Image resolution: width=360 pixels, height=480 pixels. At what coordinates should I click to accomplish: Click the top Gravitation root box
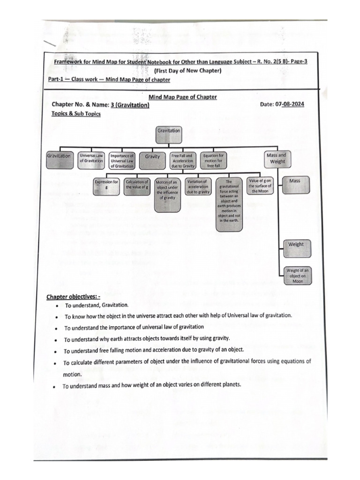coord(168,134)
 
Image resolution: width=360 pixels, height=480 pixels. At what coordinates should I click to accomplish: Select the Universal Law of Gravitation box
coord(91,158)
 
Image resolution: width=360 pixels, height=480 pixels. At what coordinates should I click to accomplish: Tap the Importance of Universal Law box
coord(122,160)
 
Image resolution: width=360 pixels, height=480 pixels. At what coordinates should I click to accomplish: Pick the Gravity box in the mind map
coord(153,157)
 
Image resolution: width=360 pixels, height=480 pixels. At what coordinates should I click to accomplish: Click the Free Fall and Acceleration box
coord(182,160)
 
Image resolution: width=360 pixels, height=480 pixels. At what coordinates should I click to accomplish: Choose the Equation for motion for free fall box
coord(213,160)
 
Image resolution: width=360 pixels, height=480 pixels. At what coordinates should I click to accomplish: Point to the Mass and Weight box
coord(276,158)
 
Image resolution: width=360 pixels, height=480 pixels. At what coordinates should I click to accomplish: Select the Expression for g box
coord(107,184)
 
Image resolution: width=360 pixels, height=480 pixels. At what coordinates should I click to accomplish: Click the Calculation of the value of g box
coord(137,184)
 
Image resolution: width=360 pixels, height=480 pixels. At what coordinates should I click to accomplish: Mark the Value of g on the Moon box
coord(260,186)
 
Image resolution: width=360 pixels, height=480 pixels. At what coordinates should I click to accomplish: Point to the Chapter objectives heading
coord(73,297)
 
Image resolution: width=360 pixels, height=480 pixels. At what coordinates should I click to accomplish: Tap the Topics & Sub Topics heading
coord(76,114)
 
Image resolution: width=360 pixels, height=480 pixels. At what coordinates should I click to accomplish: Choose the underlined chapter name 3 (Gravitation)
coord(132,105)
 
